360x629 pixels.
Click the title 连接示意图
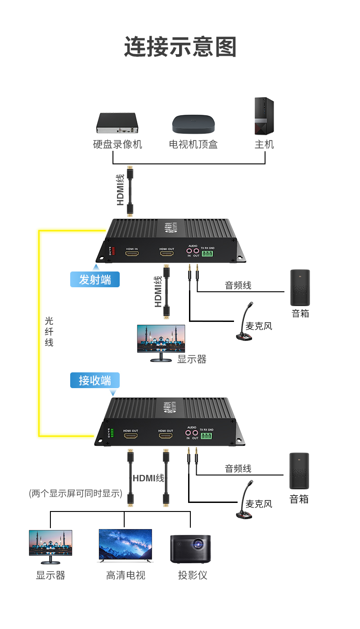click(x=180, y=47)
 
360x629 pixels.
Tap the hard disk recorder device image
click(x=116, y=123)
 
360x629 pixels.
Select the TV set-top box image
click(x=193, y=124)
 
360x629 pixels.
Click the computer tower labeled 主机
click(x=264, y=116)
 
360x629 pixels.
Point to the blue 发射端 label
click(x=95, y=280)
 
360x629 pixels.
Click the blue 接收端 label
click(x=95, y=380)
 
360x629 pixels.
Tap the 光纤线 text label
click(x=49, y=331)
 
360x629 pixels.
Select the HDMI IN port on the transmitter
click(x=132, y=254)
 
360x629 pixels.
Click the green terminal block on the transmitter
click(x=207, y=254)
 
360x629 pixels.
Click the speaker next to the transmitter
click(x=300, y=288)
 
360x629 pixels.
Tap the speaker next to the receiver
click(x=299, y=471)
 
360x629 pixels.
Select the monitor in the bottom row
click(x=50, y=546)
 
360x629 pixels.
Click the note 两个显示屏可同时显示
click(x=76, y=493)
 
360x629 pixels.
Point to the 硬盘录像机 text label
click(x=117, y=145)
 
